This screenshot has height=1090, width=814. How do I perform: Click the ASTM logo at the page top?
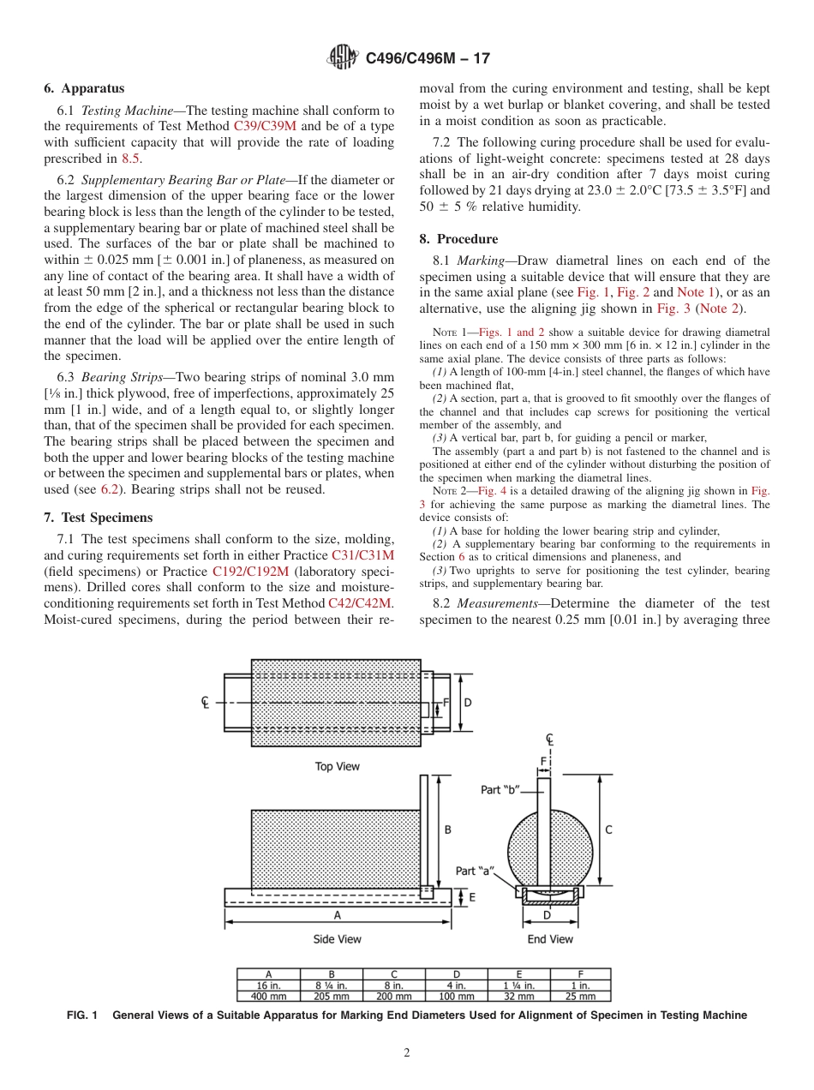[x=344, y=58]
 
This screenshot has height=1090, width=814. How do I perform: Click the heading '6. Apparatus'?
[x=84, y=88]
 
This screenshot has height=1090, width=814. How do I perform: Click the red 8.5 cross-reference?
[x=130, y=158]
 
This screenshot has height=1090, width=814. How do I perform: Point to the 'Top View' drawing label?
[x=338, y=766]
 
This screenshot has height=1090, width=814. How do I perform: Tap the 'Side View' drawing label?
[x=338, y=939]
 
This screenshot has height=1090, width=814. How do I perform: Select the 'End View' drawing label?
[x=550, y=939]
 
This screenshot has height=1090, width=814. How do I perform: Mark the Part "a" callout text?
[x=476, y=871]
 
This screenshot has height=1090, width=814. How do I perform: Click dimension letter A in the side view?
[x=338, y=915]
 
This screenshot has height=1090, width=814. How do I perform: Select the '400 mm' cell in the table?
[x=268, y=996]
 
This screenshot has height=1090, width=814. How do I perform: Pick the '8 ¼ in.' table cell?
[x=332, y=985]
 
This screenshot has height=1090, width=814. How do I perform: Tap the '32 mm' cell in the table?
[x=518, y=996]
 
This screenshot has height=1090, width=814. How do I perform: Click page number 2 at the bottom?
[x=407, y=1053]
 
